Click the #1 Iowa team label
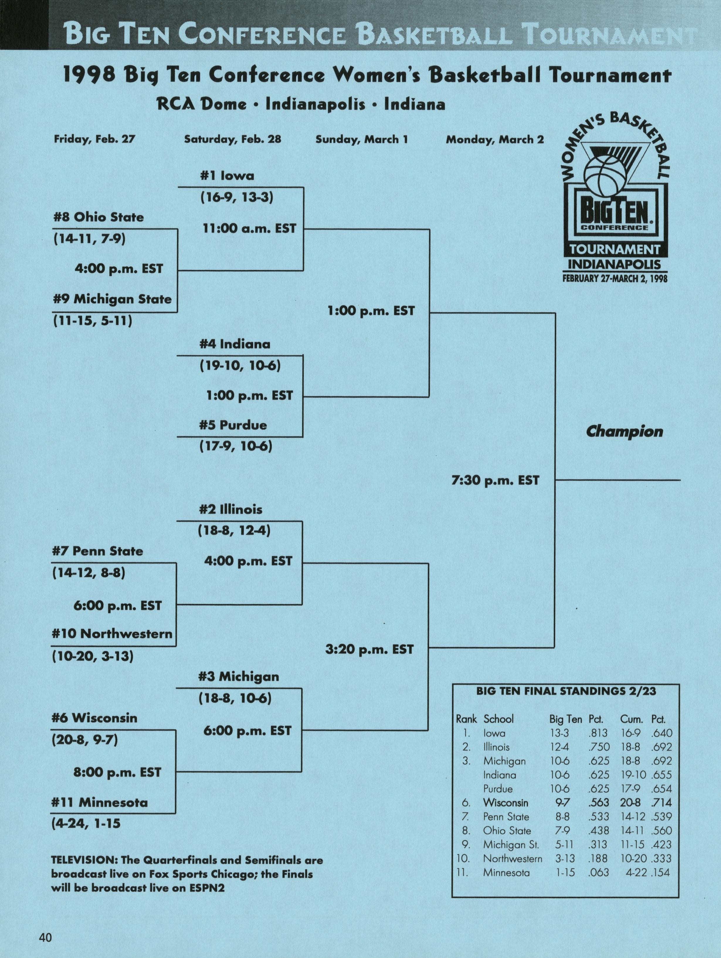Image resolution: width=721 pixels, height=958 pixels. click(x=227, y=176)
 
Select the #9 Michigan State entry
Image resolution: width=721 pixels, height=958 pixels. click(x=112, y=299)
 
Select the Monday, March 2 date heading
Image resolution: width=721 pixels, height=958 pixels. click(x=495, y=140)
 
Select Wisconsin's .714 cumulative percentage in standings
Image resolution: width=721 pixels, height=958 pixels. click(x=661, y=803)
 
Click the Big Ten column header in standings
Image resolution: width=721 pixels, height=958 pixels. click(x=565, y=719)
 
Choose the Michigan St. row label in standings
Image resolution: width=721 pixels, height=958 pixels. click(x=511, y=845)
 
